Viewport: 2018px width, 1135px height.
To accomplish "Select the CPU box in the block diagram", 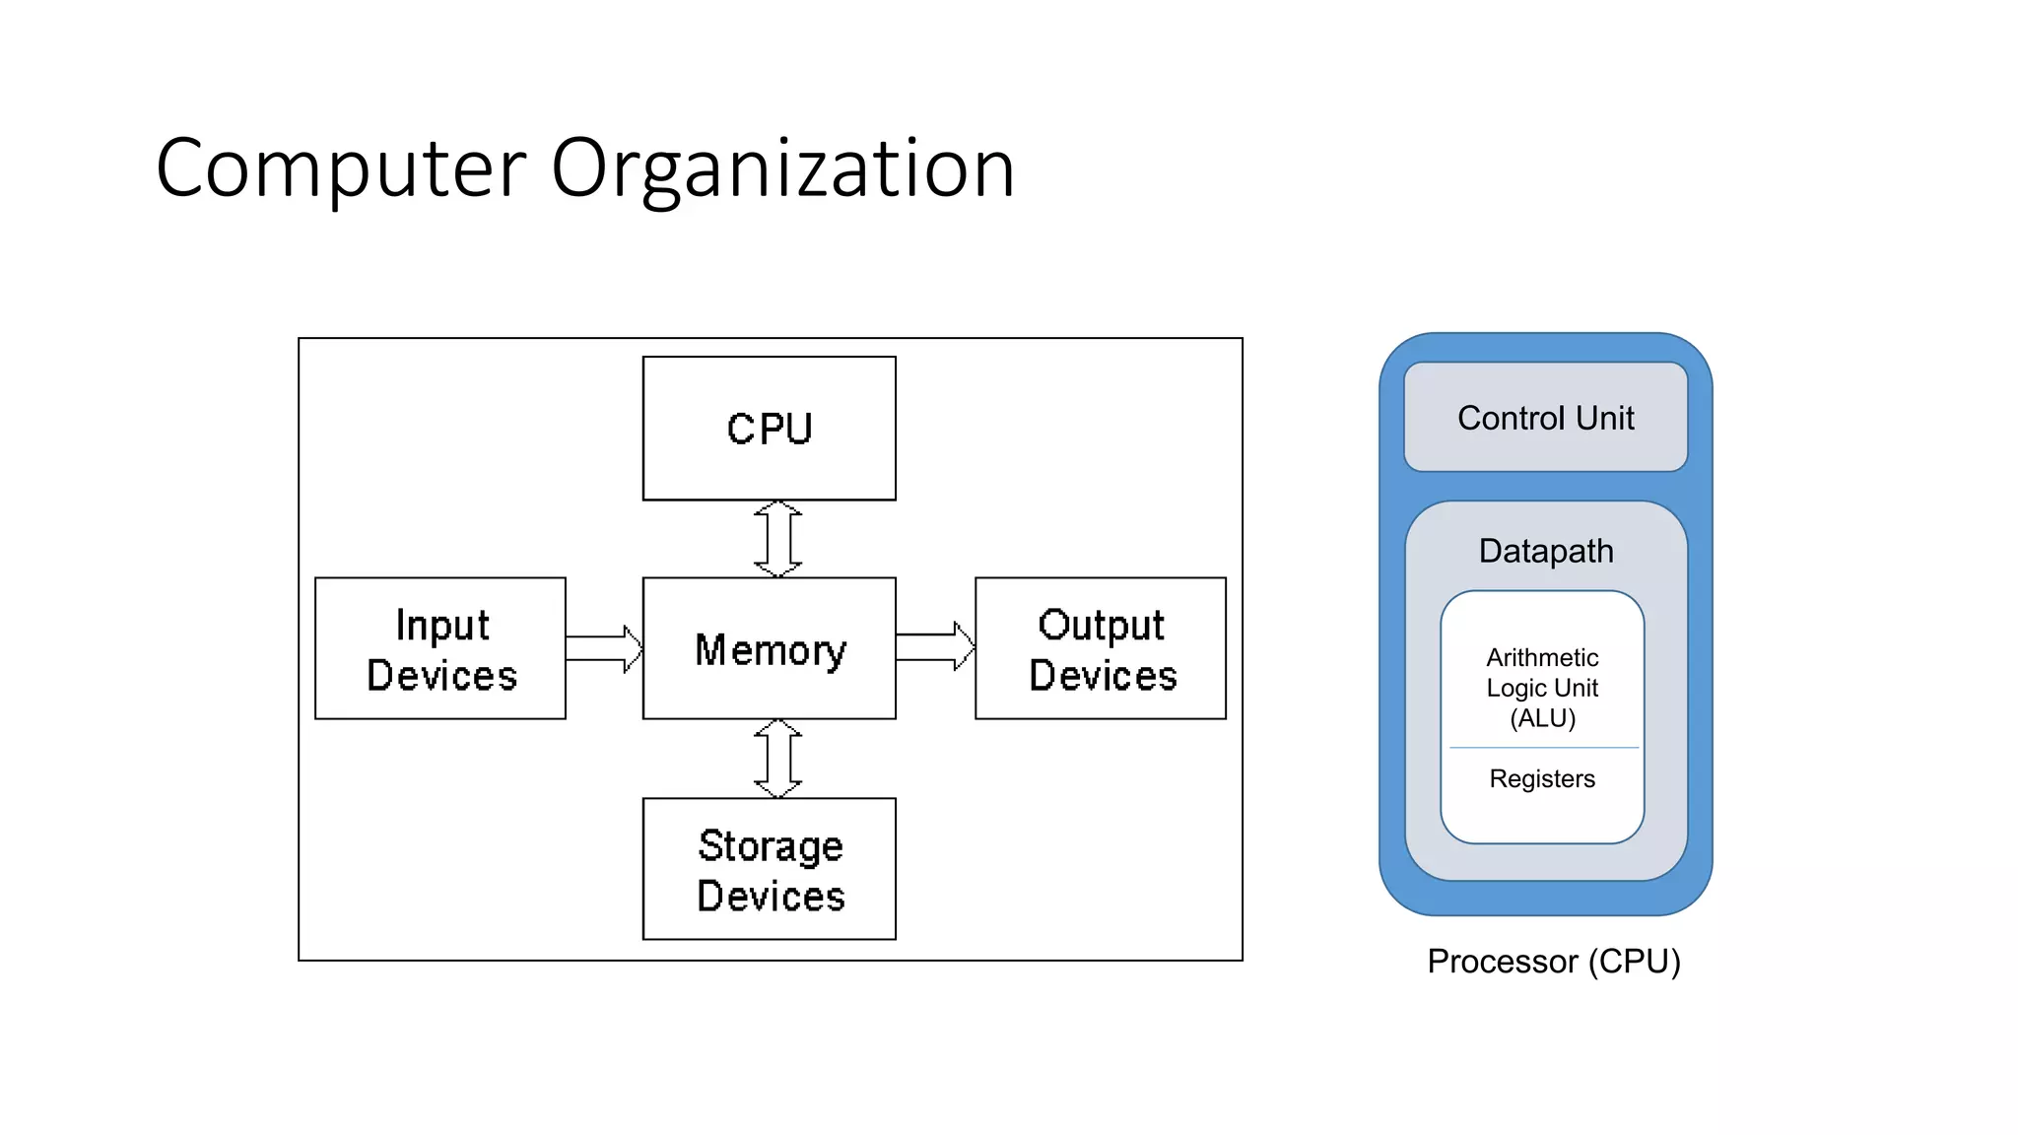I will (x=769, y=429).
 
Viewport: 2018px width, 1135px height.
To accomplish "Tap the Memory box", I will (x=769, y=649).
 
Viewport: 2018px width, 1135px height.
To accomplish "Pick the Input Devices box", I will (x=440, y=649).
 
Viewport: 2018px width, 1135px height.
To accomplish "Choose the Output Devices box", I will (x=1101, y=649).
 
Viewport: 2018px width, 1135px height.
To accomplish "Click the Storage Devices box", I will (x=769, y=869).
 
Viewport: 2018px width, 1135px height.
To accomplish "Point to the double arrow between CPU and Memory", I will (x=777, y=539).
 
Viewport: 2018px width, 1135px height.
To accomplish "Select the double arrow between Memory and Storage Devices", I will (x=777, y=759).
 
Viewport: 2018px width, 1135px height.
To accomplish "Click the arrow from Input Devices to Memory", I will (x=604, y=648).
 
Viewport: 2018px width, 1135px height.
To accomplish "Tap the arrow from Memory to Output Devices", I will (x=935, y=647).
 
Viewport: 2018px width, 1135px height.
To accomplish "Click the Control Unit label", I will (x=1545, y=418).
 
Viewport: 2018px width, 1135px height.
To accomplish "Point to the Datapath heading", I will (x=1545, y=551).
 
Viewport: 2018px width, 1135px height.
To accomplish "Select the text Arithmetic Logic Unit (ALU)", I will (x=1542, y=688).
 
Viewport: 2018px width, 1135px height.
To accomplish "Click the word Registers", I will (x=1542, y=778).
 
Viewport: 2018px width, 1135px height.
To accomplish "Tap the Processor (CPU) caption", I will (x=1553, y=961).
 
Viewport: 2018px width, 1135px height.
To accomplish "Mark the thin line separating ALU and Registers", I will (x=1543, y=748).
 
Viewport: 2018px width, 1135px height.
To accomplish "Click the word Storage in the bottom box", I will (x=771, y=846).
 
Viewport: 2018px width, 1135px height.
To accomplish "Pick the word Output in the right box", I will (x=1101, y=626).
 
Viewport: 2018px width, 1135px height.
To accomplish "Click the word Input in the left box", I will (x=441, y=626).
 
